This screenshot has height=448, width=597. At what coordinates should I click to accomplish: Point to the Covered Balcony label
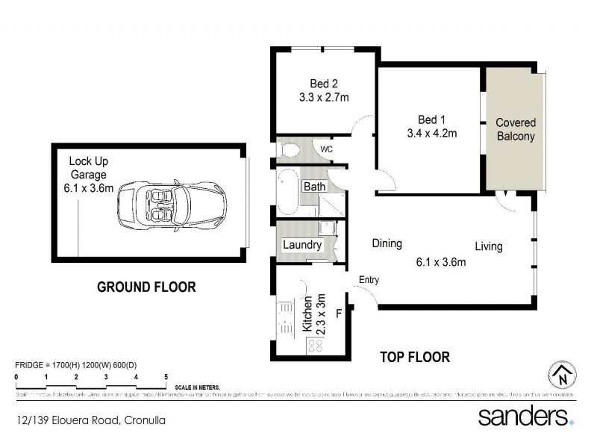(x=516, y=129)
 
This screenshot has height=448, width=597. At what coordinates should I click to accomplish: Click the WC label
(x=326, y=149)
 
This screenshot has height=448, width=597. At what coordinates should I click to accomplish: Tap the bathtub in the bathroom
(x=287, y=193)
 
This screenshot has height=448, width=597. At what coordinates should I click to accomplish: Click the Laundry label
(x=302, y=245)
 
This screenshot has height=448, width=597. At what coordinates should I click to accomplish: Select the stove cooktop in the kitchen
(x=315, y=344)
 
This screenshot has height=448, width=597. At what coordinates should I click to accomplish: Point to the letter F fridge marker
(x=338, y=314)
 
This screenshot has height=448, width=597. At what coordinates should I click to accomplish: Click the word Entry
(x=369, y=280)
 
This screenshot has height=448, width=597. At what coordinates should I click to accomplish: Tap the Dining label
(x=387, y=243)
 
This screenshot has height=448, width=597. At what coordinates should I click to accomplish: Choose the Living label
(x=490, y=246)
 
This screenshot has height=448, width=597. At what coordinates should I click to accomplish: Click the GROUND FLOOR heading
(x=147, y=286)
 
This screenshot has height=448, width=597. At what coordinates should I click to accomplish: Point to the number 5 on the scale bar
(x=166, y=376)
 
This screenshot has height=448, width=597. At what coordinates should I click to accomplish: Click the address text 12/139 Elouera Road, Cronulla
(x=90, y=420)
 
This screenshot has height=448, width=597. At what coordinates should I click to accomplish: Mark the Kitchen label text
(x=307, y=316)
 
